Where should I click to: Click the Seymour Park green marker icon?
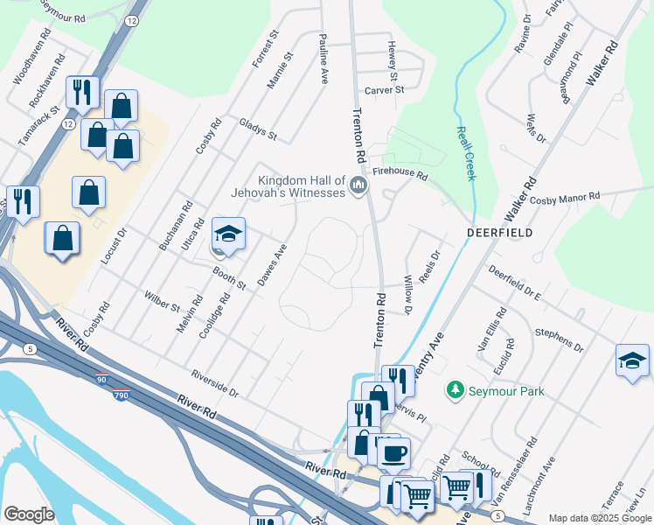(x=455, y=389)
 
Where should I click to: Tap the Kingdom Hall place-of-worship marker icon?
(x=358, y=185)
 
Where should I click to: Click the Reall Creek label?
(x=465, y=153)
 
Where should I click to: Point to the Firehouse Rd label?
(x=400, y=175)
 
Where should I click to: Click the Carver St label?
(x=385, y=89)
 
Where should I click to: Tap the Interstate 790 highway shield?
(x=122, y=395)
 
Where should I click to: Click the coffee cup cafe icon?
(x=393, y=453)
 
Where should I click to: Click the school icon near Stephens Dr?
(x=632, y=360)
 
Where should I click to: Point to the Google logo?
(x=29, y=514)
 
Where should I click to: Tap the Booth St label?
(x=229, y=279)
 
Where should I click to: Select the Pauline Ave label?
(x=324, y=59)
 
